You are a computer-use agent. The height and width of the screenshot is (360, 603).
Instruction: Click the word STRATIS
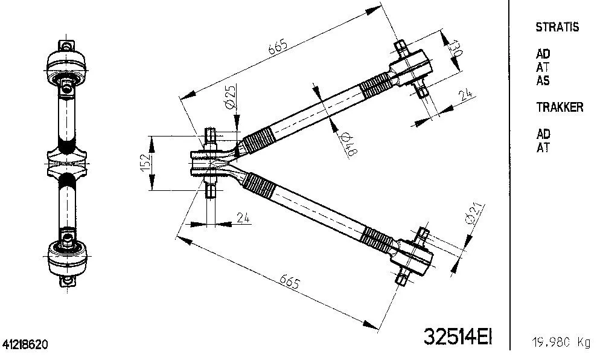pos(557,27)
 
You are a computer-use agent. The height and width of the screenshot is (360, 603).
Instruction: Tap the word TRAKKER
pos(560,108)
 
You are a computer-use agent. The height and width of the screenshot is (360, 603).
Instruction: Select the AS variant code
pos(543,81)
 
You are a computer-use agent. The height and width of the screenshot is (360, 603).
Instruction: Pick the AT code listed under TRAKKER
pos(543,147)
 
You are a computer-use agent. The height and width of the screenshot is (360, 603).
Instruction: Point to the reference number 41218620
pos(25,345)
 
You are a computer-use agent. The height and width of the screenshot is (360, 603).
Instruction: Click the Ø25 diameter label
pos(230,97)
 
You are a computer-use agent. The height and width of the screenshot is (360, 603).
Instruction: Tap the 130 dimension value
pos(456,48)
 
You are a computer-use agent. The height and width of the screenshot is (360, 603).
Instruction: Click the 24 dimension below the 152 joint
pos(243,218)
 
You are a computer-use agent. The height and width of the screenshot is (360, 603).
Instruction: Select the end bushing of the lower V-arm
pos(413,256)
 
